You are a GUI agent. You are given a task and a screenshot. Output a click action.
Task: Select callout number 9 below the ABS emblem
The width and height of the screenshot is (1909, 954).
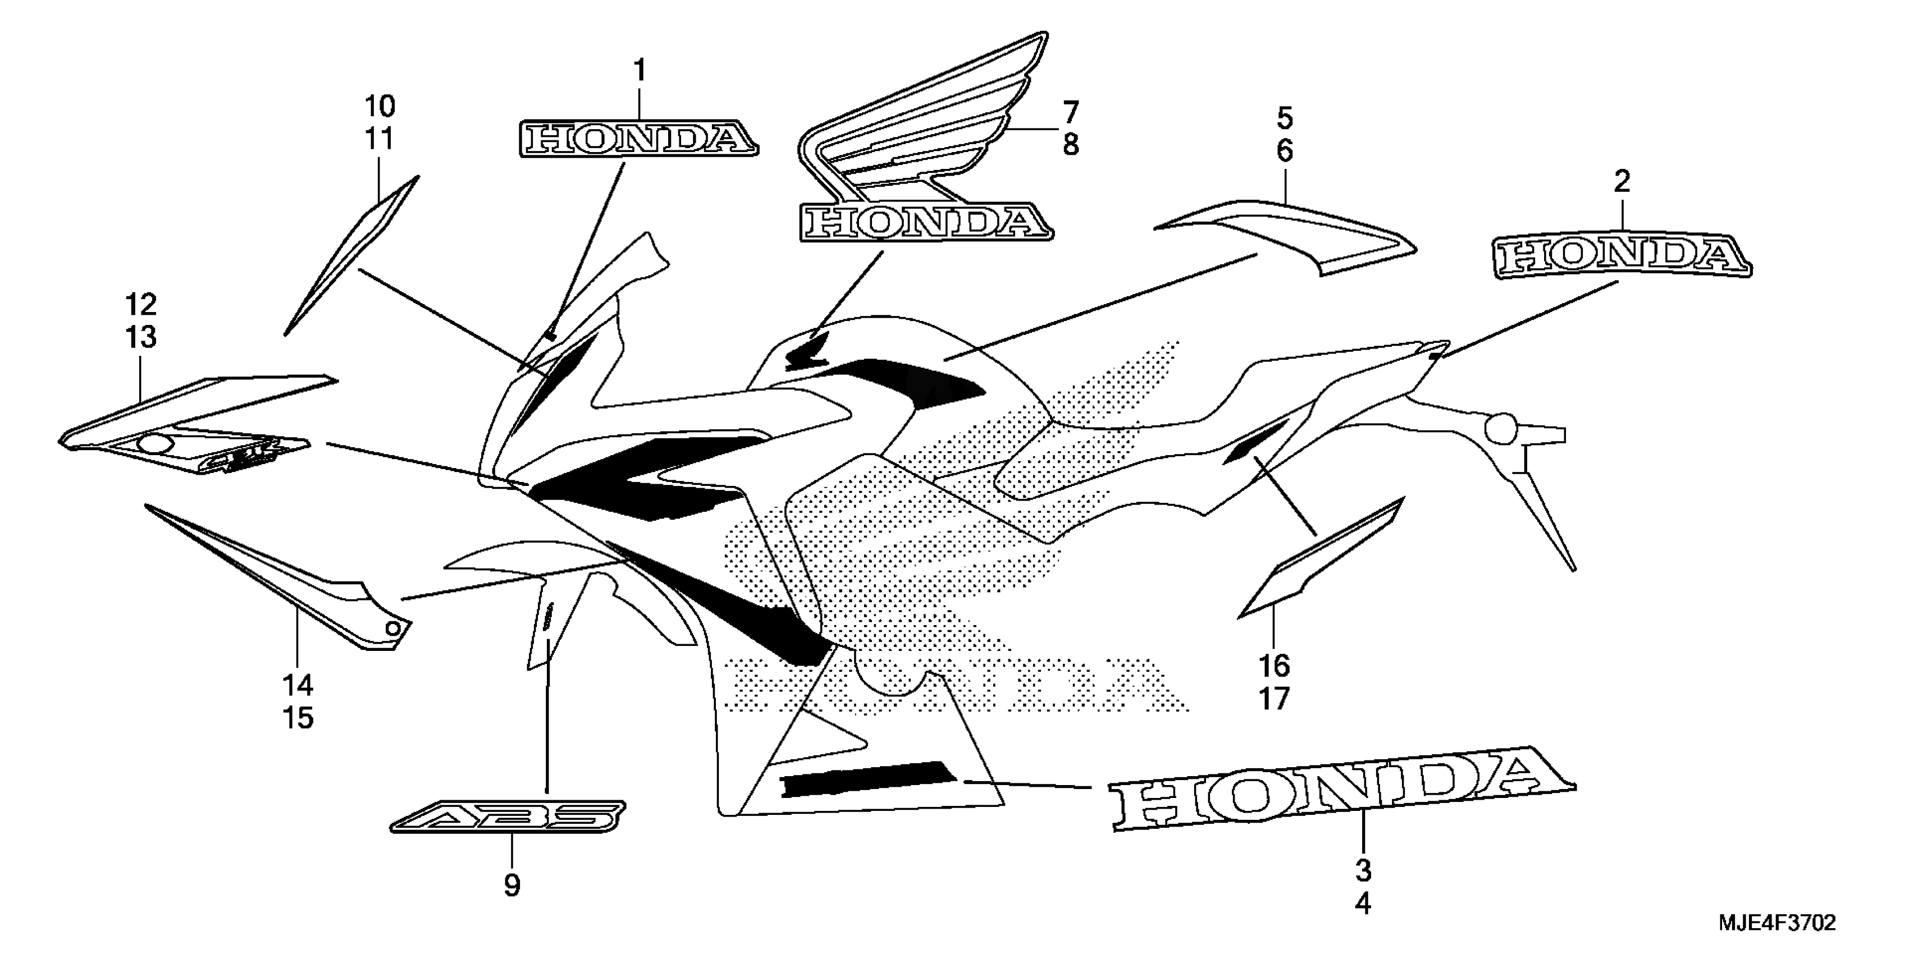(512, 886)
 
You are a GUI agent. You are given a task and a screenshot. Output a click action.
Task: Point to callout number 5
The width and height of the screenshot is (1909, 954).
(1284, 118)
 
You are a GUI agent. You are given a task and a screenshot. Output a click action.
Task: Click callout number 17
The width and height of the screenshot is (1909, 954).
(1275, 699)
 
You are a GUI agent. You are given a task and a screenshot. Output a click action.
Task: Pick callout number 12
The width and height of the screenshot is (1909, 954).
(141, 304)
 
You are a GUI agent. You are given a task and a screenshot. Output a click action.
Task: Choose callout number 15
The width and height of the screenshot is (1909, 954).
(298, 718)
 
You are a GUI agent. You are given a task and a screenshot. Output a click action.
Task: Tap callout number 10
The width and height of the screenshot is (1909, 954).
(380, 107)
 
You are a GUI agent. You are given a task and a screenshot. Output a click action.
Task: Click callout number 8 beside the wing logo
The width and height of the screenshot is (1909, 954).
(1071, 145)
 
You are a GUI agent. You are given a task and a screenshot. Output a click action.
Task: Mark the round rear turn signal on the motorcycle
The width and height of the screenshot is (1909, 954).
(1501, 429)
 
